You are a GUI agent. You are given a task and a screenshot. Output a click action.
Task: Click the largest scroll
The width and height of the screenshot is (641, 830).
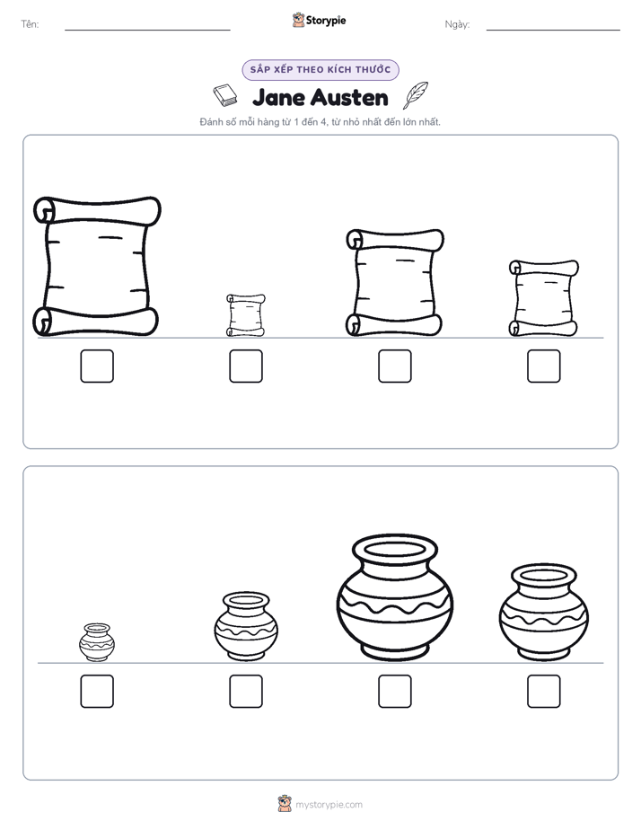click(97, 267)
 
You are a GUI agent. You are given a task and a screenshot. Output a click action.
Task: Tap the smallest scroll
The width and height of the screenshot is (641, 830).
click(246, 315)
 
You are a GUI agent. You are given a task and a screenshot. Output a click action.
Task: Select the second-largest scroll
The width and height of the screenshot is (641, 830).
click(395, 283)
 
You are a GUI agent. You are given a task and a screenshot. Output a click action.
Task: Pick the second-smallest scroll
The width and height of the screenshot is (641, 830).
click(544, 298)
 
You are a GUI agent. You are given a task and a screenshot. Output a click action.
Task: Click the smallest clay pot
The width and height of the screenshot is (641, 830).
click(97, 642)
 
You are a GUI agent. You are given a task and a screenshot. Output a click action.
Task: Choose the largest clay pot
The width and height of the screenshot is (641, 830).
click(395, 598)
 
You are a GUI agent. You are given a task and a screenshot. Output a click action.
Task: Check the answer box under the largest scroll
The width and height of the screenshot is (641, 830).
click(97, 366)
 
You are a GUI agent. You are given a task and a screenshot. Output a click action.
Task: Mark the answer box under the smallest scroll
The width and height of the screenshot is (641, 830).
click(246, 366)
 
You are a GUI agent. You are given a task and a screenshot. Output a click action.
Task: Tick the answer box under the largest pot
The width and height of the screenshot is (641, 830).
click(395, 692)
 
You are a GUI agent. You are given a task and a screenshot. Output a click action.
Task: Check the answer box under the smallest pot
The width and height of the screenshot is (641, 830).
click(97, 692)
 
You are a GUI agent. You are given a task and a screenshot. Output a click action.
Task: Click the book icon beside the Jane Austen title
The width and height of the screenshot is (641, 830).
click(226, 95)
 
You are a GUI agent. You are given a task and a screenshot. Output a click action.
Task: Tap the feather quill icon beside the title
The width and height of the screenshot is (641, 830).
click(416, 95)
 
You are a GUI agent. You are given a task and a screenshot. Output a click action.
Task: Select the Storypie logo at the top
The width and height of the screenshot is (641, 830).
click(319, 20)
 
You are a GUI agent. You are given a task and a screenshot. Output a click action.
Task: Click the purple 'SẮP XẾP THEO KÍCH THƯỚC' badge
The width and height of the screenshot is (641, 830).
click(320, 70)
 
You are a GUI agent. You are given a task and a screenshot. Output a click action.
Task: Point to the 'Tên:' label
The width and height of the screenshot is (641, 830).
click(30, 24)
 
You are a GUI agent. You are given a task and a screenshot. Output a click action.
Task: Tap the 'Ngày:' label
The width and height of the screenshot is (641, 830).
click(458, 24)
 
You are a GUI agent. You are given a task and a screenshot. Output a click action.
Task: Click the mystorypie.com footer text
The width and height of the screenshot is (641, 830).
click(329, 805)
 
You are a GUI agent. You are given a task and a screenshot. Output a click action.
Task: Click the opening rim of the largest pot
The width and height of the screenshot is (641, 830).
click(395, 550)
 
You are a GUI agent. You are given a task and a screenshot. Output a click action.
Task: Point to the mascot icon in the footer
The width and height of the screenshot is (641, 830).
click(285, 804)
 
